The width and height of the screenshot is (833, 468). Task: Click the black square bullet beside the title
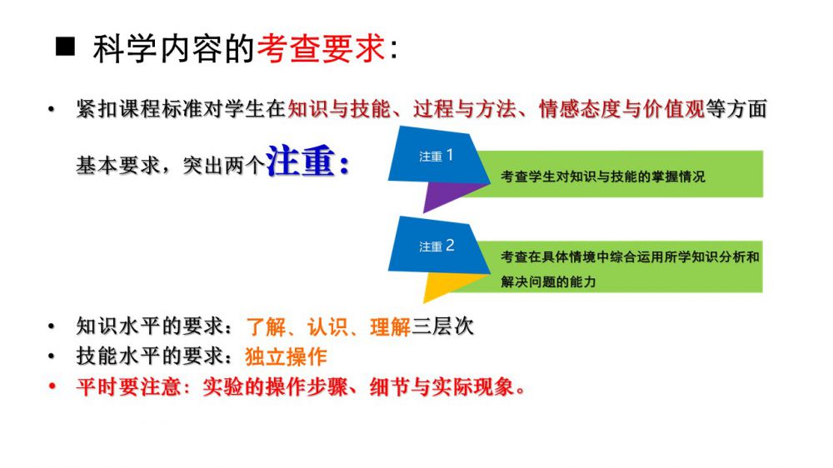click(x=65, y=47)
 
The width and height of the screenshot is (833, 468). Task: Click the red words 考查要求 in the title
click(x=321, y=48)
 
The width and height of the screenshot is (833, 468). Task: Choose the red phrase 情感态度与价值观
click(x=621, y=109)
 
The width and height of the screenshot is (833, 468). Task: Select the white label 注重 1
click(x=436, y=156)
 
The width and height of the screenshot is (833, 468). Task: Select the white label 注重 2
click(x=436, y=246)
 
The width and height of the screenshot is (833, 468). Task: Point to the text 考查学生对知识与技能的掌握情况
click(x=603, y=177)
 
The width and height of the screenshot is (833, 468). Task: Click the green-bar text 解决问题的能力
click(x=548, y=281)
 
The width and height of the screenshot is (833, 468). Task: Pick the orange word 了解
click(x=267, y=326)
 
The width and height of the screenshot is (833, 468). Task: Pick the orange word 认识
click(x=327, y=326)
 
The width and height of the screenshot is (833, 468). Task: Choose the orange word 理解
click(x=390, y=326)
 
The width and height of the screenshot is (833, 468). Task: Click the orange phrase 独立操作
click(x=286, y=356)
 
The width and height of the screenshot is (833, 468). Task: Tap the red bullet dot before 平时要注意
click(x=52, y=386)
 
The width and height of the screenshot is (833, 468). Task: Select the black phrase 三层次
click(x=442, y=326)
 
